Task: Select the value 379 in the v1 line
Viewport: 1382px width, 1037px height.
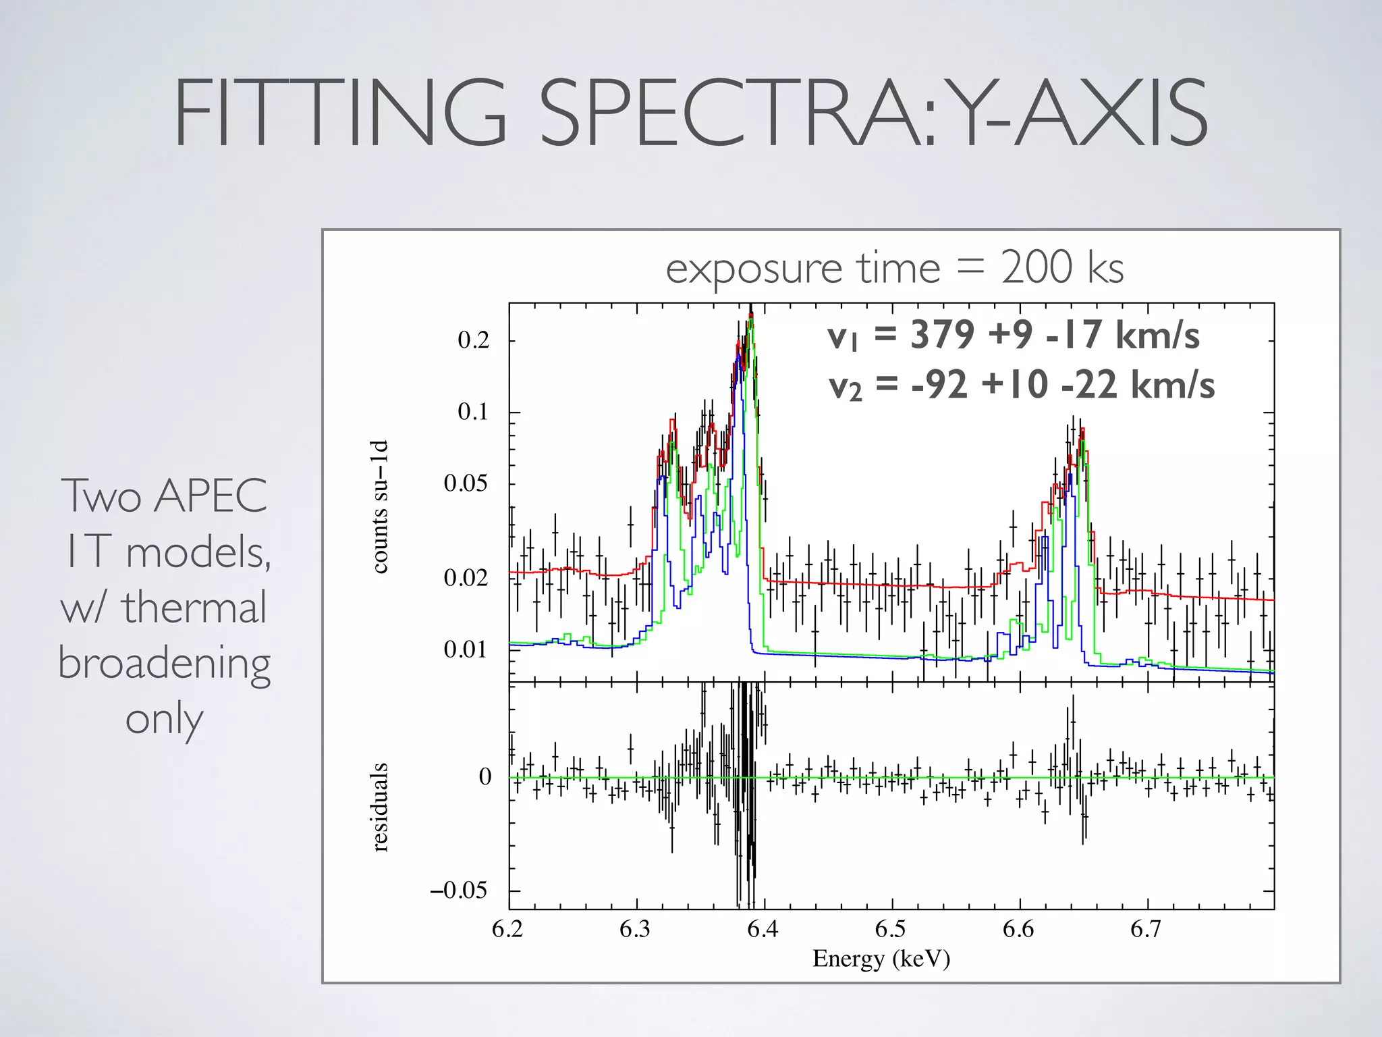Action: [x=942, y=335]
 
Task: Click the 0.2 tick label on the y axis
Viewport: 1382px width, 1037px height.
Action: [x=473, y=340]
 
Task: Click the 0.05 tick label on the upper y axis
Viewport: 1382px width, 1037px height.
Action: [x=466, y=483]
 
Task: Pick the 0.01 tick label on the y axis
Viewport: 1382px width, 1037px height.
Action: [x=466, y=649]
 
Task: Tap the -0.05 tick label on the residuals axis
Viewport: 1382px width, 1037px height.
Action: [x=459, y=890]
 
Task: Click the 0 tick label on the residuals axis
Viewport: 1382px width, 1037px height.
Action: [x=485, y=777]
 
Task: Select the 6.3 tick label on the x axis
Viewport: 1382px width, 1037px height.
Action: [x=634, y=930]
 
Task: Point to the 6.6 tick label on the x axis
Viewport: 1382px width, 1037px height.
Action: [x=1018, y=930]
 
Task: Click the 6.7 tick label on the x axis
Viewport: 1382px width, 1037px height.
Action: [x=1145, y=930]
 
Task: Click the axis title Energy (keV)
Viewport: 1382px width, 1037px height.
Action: [x=881, y=959]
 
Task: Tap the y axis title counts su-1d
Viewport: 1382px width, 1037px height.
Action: [x=380, y=506]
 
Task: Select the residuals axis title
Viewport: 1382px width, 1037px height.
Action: [x=380, y=807]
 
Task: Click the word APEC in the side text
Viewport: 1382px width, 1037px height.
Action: [x=210, y=496]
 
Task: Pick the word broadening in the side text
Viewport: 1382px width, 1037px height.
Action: [x=164, y=663]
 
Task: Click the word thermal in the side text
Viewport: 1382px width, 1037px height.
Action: [x=194, y=607]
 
